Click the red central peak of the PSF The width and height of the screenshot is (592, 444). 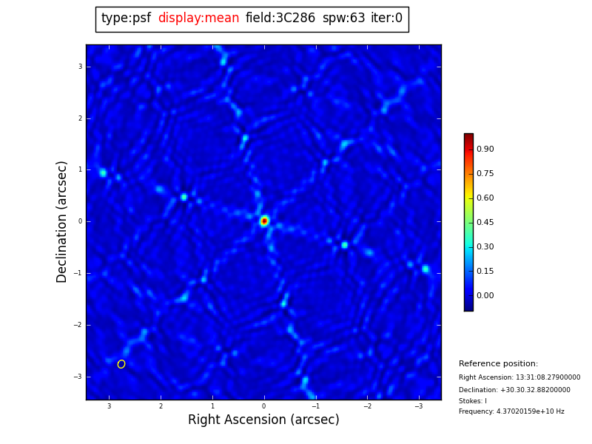pyautogui.click(x=264, y=221)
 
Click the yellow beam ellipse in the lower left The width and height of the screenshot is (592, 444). pyautogui.click(x=121, y=364)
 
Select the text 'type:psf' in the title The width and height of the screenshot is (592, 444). pyautogui.click(x=126, y=18)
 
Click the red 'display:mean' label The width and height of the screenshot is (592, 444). pyautogui.click(x=198, y=18)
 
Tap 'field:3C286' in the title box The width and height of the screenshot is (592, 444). pyautogui.click(x=280, y=18)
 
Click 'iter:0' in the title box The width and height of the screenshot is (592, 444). pyautogui.click(x=386, y=18)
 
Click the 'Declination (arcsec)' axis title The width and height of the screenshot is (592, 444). pyautogui.click(x=62, y=221)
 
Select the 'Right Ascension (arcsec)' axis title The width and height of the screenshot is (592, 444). pyautogui.click(x=263, y=420)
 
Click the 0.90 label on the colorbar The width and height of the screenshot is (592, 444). pyautogui.click(x=485, y=149)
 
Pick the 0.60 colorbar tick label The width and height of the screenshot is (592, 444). pyautogui.click(x=485, y=198)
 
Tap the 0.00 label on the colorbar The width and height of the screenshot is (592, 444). pyautogui.click(x=485, y=295)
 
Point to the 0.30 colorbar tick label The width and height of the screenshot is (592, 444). pyautogui.click(x=485, y=246)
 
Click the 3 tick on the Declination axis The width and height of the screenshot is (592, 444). pyautogui.click(x=80, y=67)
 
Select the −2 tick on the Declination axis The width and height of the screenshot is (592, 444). pyautogui.click(x=78, y=325)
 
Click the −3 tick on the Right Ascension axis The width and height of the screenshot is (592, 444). pyautogui.click(x=418, y=406)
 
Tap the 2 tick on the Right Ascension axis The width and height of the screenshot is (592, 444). pyautogui.click(x=161, y=406)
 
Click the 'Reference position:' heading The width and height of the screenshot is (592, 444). pyautogui.click(x=498, y=364)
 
